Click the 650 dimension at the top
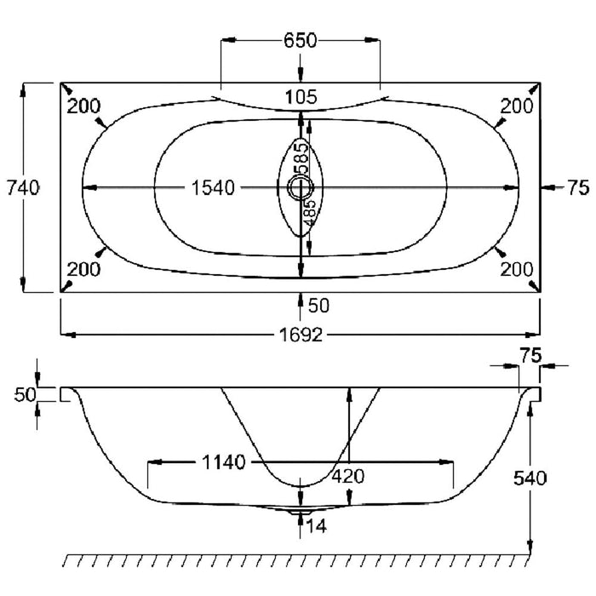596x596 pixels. coord(300,41)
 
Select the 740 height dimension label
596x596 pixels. coord(23,188)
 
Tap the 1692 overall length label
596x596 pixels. coord(300,335)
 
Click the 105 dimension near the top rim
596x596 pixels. coord(301,97)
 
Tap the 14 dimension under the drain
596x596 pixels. coord(316,527)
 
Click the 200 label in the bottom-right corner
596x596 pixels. coord(517,270)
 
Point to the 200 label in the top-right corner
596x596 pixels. coord(517,106)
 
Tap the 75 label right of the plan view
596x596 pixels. coord(578,188)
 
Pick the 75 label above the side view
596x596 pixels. coord(530,358)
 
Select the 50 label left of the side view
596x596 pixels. coord(23,394)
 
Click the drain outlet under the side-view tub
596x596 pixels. coord(297,512)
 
